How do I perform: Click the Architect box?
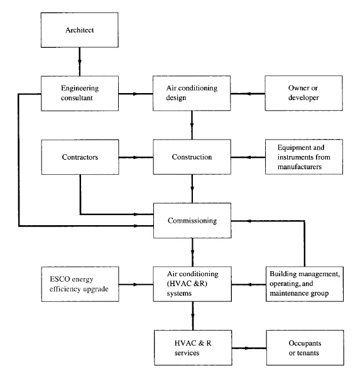(x=79, y=30)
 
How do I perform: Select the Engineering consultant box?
(x=80, y=93)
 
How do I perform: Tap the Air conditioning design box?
(x=192, y=93)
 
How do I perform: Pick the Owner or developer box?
(x=303, y=93)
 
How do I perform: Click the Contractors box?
(x=80, y=157)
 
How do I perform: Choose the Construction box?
(x=192, y=157)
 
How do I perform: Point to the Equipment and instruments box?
(x=304, y=157)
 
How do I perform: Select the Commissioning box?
(x=192, y=221)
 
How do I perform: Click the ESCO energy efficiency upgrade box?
(x=80, y=284)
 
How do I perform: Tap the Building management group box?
(x=305, y=284)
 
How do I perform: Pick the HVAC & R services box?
(x=193, y=348)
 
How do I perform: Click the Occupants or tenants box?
(x=305, y=348)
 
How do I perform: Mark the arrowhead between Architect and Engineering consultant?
(x=80, y=62)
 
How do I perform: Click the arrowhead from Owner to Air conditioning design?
(x=248, y=94)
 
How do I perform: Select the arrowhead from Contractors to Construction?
(x=136, y=157)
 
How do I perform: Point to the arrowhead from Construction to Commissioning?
(x=192, y=189)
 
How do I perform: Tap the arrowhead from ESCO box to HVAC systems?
(x=136, y=284)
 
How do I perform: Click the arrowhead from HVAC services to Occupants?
(x=248, y=348)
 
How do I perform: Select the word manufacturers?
(x=300, y=167)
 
